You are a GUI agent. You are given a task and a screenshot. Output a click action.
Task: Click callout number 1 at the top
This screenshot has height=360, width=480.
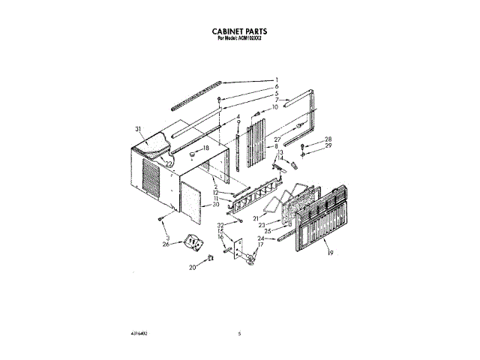point(277,79)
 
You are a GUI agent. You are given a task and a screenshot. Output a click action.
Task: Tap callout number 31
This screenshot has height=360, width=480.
point(138,129)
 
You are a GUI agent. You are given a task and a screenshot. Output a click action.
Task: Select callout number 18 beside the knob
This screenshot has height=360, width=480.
point(206,148)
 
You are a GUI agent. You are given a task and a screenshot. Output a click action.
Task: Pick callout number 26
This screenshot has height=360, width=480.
point(166,244)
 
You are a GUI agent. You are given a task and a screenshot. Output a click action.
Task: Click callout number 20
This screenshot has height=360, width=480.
point(192,266)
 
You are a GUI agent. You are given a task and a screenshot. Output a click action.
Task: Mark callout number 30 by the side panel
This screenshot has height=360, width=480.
point(215,204)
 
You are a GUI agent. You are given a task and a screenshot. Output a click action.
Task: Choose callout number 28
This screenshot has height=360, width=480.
point(328,139)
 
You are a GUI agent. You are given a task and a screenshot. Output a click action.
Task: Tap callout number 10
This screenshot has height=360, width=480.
point(275,107)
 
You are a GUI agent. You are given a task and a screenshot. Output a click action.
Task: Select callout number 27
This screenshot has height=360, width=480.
point(277,139)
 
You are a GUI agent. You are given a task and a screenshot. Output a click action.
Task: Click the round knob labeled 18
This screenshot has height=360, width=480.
point(192,156)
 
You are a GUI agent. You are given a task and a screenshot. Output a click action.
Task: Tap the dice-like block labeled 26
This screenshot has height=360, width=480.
point(193,242)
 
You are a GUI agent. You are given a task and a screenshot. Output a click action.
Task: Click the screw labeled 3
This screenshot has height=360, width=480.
point(161,219)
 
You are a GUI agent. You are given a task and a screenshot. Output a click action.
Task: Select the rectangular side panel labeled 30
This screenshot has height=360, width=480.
point(193,196)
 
